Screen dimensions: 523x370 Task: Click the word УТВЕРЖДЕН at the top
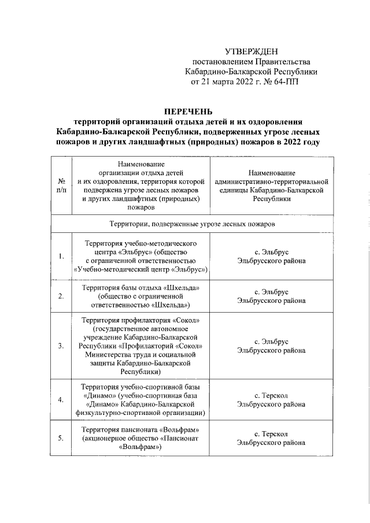click(x=250, y=53)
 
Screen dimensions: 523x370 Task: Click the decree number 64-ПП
click(x=287, y=82)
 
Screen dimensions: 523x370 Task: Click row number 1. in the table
click(x=61, y=256)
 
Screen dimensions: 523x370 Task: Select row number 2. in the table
click(x=61, y=296)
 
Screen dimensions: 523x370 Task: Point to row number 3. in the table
click(x=61, y=346)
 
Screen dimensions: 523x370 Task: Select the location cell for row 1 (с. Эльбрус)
click(x=271, y=256)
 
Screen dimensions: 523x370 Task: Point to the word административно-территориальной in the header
click(x=271, y=181)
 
